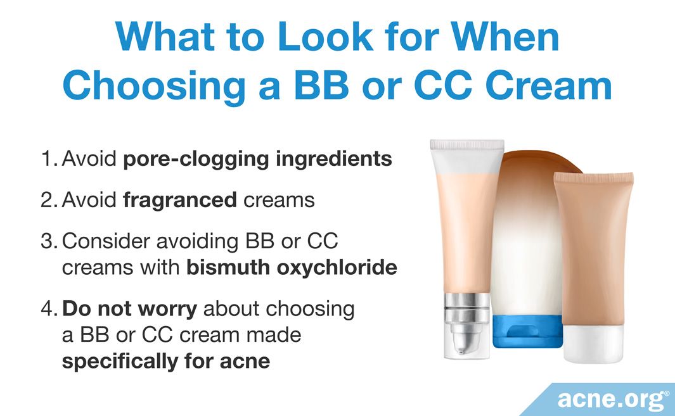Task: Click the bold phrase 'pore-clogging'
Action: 196,159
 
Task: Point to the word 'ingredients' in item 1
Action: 333,159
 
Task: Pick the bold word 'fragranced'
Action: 180,200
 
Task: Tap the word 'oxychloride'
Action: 337,268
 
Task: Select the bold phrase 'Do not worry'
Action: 129,309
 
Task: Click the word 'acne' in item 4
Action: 245,362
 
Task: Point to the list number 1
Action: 49,158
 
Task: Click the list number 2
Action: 49,199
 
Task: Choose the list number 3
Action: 49,241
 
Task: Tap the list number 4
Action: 49,309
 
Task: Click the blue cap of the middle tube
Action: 527,331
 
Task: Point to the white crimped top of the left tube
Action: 467,156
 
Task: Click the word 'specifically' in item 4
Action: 120,362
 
